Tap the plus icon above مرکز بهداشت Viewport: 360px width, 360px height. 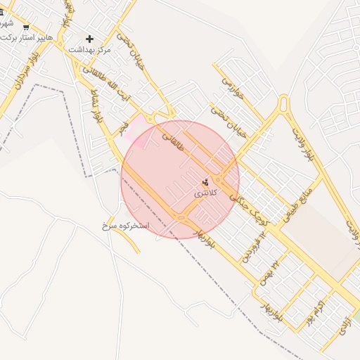tap(89, 39)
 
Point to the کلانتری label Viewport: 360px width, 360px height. tap(206, 192)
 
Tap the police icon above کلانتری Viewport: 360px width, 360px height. tap(205, 182)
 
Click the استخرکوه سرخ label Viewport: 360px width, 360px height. tap(127, 226)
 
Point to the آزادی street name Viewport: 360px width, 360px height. tap(342, 324)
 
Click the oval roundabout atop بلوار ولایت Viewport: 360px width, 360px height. tap(284, 105)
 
